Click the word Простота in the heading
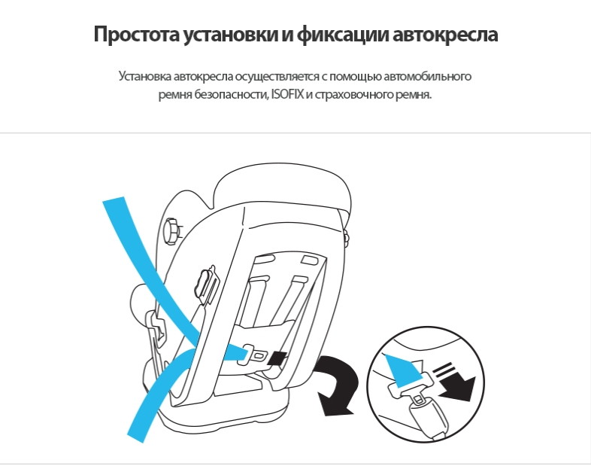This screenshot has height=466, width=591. coord(136,35)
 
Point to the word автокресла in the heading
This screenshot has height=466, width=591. coord(445,35)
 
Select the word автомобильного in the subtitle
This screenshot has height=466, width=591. coord(428,76)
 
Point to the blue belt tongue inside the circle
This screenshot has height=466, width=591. coord(401,368)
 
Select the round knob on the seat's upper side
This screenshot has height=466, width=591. coord(171,231)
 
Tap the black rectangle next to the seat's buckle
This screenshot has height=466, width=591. coord(277,358)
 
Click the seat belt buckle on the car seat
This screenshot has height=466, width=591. coord(253,355)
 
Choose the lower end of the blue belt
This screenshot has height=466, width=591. coord(136,437)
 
